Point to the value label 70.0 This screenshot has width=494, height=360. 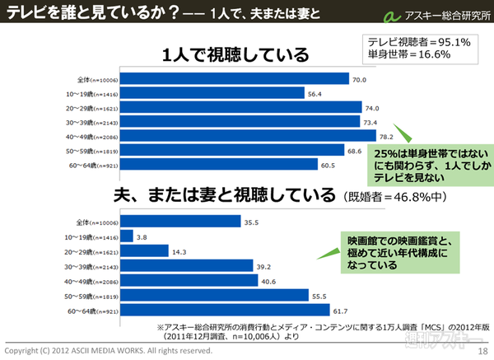tap(358, 80)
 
